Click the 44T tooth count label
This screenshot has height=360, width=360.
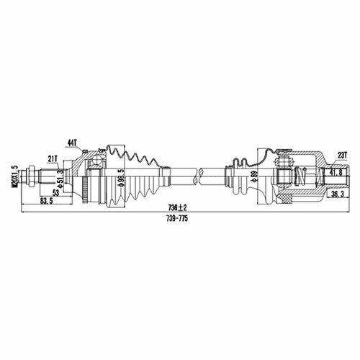click(72, 143)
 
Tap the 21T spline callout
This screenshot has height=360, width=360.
click(53, 158)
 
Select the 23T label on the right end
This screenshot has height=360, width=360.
click(343, 156)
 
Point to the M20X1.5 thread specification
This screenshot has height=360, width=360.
click(16, 176)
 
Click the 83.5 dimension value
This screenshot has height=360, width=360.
click(47, 201)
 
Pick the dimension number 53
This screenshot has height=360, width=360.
click(56, 192)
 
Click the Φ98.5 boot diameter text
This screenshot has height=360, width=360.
click(121, 178)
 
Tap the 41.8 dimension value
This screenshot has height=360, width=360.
click(337, 172)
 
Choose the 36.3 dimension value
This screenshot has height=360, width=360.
click(337, 194)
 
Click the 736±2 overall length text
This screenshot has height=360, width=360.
click(178, 207)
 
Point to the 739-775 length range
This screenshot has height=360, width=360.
click(177, 218)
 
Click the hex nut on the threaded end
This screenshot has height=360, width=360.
click(32, 177)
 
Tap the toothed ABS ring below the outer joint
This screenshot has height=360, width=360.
click(84, 190)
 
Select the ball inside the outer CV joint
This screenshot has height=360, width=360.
click(97, 161)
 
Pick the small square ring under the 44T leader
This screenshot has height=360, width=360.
click(84, 151)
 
